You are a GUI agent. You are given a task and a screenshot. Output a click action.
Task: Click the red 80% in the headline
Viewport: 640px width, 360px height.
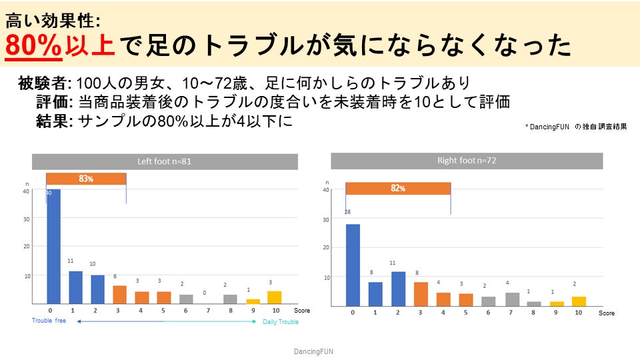click(33, 47)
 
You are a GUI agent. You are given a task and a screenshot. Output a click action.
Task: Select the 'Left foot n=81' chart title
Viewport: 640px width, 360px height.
click(165, 161)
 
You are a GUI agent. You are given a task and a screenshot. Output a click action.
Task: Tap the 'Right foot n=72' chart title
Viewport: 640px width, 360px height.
click(467, 161)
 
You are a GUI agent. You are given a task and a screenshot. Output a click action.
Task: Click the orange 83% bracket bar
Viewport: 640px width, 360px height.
click(86, 179)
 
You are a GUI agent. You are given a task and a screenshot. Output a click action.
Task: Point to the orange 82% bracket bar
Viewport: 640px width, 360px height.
click(398, 188)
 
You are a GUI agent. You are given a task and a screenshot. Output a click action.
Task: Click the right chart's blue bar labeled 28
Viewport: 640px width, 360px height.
click(353, 265)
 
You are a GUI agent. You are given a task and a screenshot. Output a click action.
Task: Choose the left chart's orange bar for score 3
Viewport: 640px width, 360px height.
click(119, 295)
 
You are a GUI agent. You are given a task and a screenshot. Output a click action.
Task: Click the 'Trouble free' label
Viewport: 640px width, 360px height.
click(49, 321)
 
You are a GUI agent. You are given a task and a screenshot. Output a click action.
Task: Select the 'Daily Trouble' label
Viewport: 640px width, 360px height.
click(280, 322)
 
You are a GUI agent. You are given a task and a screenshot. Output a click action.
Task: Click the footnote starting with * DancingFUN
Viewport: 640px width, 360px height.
click(576, 126)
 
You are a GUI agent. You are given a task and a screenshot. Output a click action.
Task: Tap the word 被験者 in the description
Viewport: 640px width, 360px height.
click(43, 84)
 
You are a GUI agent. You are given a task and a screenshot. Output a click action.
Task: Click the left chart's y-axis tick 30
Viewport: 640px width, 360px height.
click(26, 218)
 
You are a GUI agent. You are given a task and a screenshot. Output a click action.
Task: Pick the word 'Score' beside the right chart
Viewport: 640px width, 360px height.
click(606, 313)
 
